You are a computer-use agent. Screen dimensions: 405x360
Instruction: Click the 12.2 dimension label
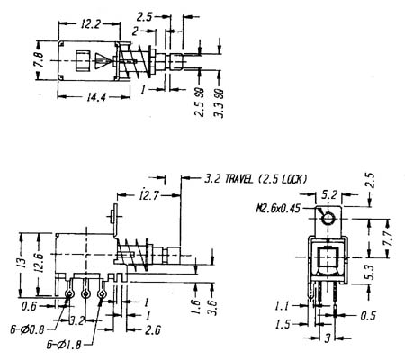pyautogui.click(x=89, y=24)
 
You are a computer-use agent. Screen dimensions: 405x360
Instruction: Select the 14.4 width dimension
pyautogui.click(x=96, y=96)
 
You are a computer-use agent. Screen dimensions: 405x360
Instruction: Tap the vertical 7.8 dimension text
pyautogui.click(x=39, y=60)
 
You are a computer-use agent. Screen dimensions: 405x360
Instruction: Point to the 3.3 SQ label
pyautogui.click(x=219, y=103)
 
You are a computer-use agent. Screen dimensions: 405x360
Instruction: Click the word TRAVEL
pyautogui.click(x=239, y=179)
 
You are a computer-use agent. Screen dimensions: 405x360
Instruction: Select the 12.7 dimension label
pyautogui.click(x=149, y=195)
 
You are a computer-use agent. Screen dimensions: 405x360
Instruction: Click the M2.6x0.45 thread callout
pyautogui.click(x=278, y=208)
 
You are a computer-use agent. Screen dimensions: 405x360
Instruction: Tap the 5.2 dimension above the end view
pyautogui.click(x=329, y=195)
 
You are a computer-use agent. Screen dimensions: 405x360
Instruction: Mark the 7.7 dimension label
pyautogui.click(x=389, y=238)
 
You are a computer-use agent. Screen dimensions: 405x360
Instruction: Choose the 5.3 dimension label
pyautogui.click(x=371, y=272)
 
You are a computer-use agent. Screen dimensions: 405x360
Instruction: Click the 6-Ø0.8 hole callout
pyautogui.click(x=27, y=329)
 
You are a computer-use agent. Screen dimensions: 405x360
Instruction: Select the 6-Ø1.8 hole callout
pyautogui.click(x=64, y=345)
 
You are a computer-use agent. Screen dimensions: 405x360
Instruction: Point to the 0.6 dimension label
pyautogui.click(x=29, y=306)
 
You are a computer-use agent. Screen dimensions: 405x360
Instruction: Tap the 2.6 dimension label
pyautogui.click(x=153, y=330)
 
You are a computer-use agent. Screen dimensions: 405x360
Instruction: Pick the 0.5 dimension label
pyautogui.click(x=368, y=316)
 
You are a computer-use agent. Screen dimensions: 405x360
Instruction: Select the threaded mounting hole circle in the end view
pyautogui.click(x=328, y=219)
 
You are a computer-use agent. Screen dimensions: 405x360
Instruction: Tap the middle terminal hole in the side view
pyautogui.click(x=85, y=293)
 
